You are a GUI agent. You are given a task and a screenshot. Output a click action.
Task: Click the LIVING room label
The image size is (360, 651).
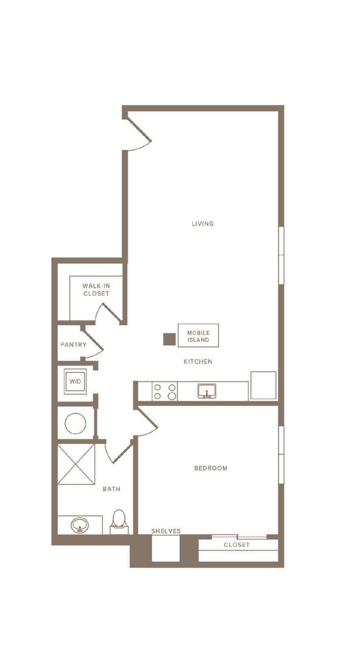point(203,223)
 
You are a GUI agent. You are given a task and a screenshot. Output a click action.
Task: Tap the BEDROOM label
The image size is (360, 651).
point(211,468)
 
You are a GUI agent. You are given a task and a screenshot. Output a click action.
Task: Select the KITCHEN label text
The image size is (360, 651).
point(198,362)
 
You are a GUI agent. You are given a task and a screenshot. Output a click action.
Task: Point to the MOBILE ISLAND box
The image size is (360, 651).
point(198,335)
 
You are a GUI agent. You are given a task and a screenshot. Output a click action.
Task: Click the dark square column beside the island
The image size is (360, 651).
point(169,339)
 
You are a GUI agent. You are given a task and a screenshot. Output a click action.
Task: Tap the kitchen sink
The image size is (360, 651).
point(207,391)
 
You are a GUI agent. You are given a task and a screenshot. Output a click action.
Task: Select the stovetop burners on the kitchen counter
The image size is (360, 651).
point(165,391)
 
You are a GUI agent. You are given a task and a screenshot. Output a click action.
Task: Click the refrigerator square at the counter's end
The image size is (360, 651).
point(263,385)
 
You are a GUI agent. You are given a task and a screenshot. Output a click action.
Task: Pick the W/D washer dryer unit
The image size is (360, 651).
point(75,382)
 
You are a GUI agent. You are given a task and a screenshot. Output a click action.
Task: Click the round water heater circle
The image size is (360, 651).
point(76,424)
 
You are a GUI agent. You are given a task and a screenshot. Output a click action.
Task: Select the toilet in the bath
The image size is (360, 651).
point(119,522)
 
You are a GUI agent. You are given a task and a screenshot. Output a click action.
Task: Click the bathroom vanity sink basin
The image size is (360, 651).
point(79,525)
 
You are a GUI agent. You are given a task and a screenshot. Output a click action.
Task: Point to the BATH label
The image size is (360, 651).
point(111,489)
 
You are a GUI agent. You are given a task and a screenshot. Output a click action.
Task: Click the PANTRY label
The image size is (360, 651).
point(73,345)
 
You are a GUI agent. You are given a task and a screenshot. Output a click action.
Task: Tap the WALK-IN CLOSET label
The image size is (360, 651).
point(96,290)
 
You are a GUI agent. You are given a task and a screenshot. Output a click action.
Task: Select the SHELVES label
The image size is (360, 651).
point(166,531)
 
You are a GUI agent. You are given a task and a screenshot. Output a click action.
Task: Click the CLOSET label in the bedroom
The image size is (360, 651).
point(236,545)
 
